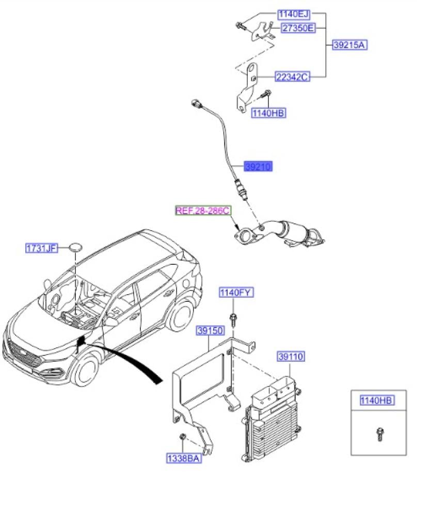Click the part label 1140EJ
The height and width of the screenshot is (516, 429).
pos(293,14)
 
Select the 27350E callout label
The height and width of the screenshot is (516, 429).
pos(297,28)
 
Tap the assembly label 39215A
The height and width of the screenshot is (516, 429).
pos(349,45)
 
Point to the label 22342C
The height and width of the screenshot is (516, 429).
pos(292,77)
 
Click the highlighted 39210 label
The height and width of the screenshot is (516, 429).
pos(258,167)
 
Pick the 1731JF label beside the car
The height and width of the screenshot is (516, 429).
pos(41,248)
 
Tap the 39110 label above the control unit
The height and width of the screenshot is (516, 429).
pos(291,357)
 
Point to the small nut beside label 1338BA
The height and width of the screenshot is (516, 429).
pos(183,438)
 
